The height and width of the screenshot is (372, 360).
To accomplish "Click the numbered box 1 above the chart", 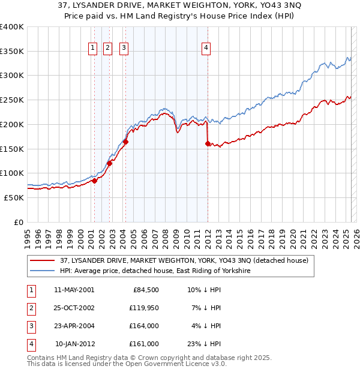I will (94, 49).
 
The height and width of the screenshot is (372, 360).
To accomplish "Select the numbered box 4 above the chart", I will (206, 49).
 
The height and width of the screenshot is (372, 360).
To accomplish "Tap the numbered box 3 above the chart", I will (124, 49).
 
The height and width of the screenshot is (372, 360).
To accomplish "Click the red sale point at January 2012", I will (208, 143).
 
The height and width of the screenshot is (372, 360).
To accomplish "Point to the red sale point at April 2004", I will (125, 142).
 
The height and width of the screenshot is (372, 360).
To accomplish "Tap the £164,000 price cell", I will (144, 326).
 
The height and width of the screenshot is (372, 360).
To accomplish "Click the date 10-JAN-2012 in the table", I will (74, 344).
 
